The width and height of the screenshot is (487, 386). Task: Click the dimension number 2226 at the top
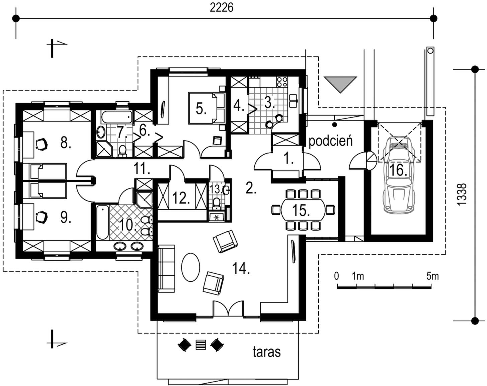tap(221, 7)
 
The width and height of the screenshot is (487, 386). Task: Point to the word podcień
tap(331, 141)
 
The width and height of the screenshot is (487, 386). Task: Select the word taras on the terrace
tap(267, 352)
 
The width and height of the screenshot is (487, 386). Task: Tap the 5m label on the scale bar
tap(432, 276)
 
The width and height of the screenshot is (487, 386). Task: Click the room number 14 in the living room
tap(242, 269)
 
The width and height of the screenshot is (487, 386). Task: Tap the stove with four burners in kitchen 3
tap(281, 82)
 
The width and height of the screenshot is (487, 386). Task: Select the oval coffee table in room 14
tap(191, 267)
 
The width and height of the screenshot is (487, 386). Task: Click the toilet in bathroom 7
tap(123, 151)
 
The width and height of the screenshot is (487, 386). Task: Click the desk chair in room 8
tap(42, 145)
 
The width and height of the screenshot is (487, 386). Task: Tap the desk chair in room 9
tap(42, 216)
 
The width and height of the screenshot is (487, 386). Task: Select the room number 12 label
tap(181, 198)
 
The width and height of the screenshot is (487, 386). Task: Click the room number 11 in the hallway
tap(142, 169)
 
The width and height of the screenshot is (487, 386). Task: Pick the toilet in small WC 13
tap(217, 202)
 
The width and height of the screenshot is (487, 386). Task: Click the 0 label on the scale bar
tap(336, 276)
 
